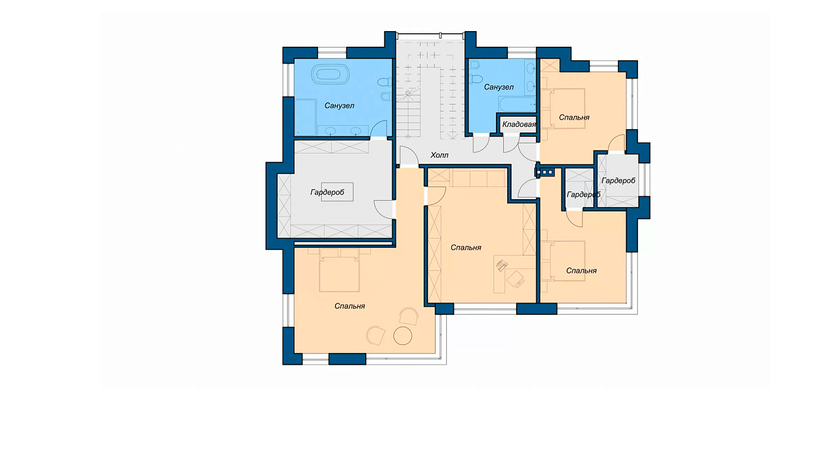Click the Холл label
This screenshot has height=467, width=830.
pyautogui.click(x=439, y=155)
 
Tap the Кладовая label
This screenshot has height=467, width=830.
pyautogui.click(x=519, y=125)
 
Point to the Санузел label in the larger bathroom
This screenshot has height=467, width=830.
pyautogui.click(x=339, y=106)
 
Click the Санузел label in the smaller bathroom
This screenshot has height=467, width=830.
pyautogui.click(x=499, y=87)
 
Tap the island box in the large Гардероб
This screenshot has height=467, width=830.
pyautogui.click(x=337, y=191)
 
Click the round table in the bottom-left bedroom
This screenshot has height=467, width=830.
pyautogui.click(x=403, y=336)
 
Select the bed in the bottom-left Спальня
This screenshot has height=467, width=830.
pyautogui.click(x=339, y=270)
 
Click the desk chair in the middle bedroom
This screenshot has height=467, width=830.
pyautogui.click(x=516, y=279)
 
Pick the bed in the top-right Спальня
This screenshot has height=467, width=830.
pyautogui.click(x=567, y=108)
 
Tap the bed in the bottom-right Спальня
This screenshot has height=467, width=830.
pyautogui.click(x=567, y=261)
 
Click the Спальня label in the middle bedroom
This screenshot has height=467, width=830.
pyautogui.click(x=466, y=248)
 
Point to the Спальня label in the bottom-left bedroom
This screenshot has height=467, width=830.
pyautogui.click(x=350, y=306)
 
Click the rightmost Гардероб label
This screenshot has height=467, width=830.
pyautogui.click(x=618, y=181)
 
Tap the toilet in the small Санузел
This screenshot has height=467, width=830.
pyautogui.click(x=475, y=78)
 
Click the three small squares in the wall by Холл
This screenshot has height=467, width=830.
pyautogui.click(x=544, y=172)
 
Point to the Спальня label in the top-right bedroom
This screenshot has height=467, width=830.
pyautogui.click(x=574, y=117)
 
